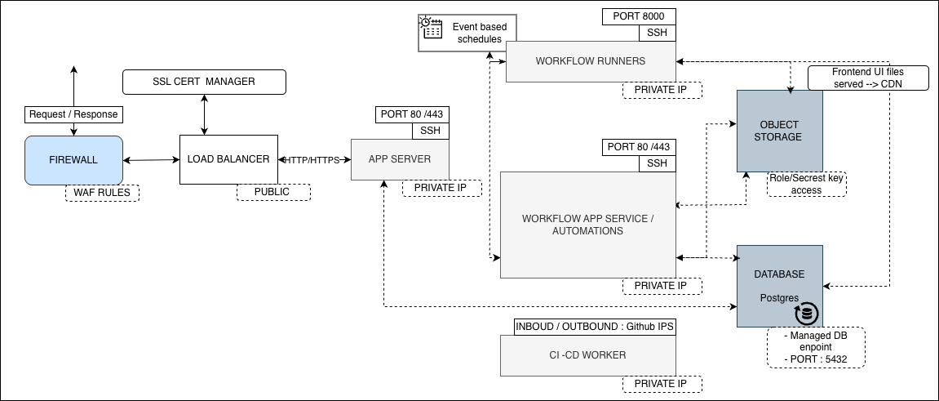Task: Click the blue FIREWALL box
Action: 73,160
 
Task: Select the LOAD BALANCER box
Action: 228,159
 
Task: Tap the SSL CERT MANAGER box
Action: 204,82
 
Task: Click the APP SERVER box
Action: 400,159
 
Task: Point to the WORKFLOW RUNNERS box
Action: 591,61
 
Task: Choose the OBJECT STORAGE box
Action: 779,131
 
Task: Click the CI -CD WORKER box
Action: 587,355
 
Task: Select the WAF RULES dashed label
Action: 103,193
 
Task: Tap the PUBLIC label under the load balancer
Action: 273,192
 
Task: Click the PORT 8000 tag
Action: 639,17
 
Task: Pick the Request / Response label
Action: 73,114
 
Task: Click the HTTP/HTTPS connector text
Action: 312,160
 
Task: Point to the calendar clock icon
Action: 432,28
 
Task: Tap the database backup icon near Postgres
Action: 807,314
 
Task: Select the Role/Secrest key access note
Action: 807,184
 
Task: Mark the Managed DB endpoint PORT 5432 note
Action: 816,348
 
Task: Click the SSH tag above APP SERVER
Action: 430,131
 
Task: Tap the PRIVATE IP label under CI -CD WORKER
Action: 662,384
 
